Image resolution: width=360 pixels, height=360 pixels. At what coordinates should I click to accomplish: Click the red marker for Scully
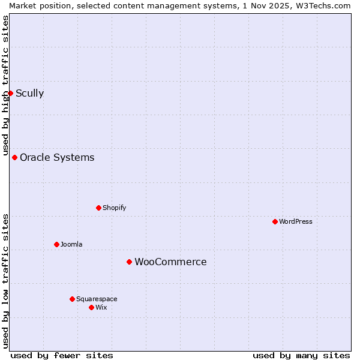(x=10, y=93)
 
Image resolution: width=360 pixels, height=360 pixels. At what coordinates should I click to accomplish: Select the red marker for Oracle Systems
(x=14, y=157)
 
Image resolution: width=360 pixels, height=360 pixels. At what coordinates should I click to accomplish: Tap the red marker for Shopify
(x=98, y=208)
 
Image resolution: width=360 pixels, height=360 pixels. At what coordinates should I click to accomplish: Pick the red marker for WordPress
(x=275, y=221)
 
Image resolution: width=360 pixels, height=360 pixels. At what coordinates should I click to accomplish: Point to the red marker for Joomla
(x=56, y=244)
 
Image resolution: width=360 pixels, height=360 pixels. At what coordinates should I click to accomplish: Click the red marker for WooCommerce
(x=129, y=262)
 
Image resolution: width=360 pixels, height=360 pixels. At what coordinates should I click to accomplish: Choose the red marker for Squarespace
(x=72, y=299)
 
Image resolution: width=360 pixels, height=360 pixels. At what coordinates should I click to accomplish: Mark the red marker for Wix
(x=91, y=307)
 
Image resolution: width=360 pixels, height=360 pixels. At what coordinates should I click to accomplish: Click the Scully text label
(x=29, y=93)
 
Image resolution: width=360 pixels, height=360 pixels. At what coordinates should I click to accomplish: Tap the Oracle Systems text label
(x=57, y=157)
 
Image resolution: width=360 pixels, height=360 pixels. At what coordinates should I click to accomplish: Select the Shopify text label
(x=114, y=208)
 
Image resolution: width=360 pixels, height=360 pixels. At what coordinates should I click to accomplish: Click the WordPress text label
(x=296, y=221)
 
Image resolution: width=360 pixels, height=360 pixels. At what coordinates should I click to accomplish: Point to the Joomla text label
(x=71, y=244)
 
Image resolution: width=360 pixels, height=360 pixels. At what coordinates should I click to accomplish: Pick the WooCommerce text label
(x=170, y=262)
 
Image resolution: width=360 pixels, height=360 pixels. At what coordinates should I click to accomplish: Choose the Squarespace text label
(x=97, y=299)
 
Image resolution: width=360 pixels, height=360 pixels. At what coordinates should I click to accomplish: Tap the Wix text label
(x=101, y=307)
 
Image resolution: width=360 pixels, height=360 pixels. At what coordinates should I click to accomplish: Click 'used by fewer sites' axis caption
(x=62, y=355)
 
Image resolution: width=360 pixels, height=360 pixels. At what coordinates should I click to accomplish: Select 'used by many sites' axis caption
(x=301, y=355)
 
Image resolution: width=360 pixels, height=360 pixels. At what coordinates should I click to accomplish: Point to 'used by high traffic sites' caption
(x=5, y=83)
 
